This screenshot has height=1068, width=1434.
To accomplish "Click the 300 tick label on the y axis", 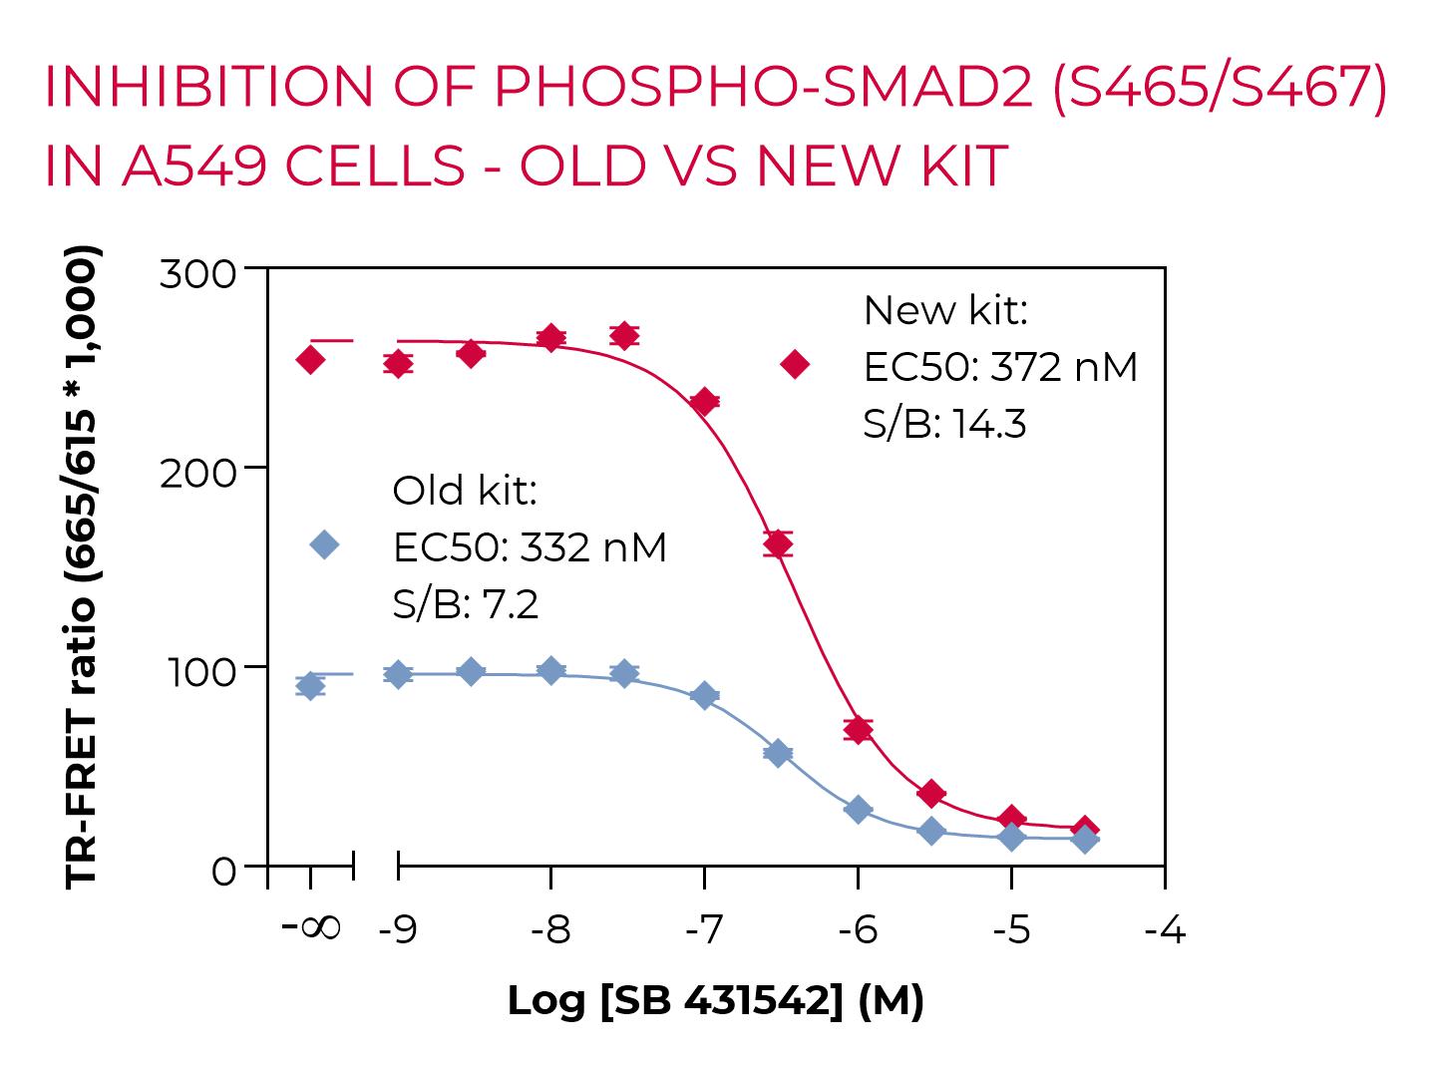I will coord(197,273).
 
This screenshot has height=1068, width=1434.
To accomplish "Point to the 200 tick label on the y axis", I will coord(197,471).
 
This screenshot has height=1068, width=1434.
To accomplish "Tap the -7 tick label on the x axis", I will coord(703,930).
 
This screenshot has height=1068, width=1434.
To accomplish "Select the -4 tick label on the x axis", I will coord(1164,930).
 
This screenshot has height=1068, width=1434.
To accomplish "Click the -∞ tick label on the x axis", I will coord(310,928).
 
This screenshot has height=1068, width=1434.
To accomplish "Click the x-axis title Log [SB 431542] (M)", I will coord(715,1000).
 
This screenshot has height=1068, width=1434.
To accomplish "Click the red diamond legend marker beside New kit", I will coord(795,365).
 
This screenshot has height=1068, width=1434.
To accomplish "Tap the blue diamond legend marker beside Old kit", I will coord(325,544).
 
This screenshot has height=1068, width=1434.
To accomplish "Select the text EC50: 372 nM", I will coord(999,367).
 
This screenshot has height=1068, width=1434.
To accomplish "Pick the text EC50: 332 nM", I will coord(530,547).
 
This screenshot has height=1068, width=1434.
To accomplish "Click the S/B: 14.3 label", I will coord(944,424).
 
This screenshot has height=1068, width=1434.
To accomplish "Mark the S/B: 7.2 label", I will coord(466,604).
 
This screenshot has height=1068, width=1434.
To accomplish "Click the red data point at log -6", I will coord(858,729).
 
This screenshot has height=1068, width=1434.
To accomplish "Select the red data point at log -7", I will coord(704,402).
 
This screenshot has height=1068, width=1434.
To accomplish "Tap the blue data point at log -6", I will coord(858,809).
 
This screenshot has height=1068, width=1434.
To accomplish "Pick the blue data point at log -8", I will coord(550,670).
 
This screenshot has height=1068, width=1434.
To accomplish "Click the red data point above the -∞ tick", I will coord(310,359).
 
